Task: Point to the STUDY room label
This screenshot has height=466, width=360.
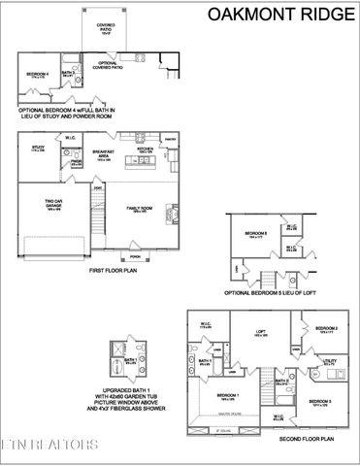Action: point(38,149)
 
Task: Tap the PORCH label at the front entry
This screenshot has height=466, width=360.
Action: point(136,257)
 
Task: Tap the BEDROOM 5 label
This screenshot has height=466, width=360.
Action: point(256,233)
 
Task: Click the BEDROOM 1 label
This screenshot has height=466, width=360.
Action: point(227,396)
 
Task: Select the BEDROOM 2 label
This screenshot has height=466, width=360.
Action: point(331,330)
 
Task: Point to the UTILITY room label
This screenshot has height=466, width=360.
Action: point(330,360)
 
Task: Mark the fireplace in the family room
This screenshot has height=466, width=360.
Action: point(174,212)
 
